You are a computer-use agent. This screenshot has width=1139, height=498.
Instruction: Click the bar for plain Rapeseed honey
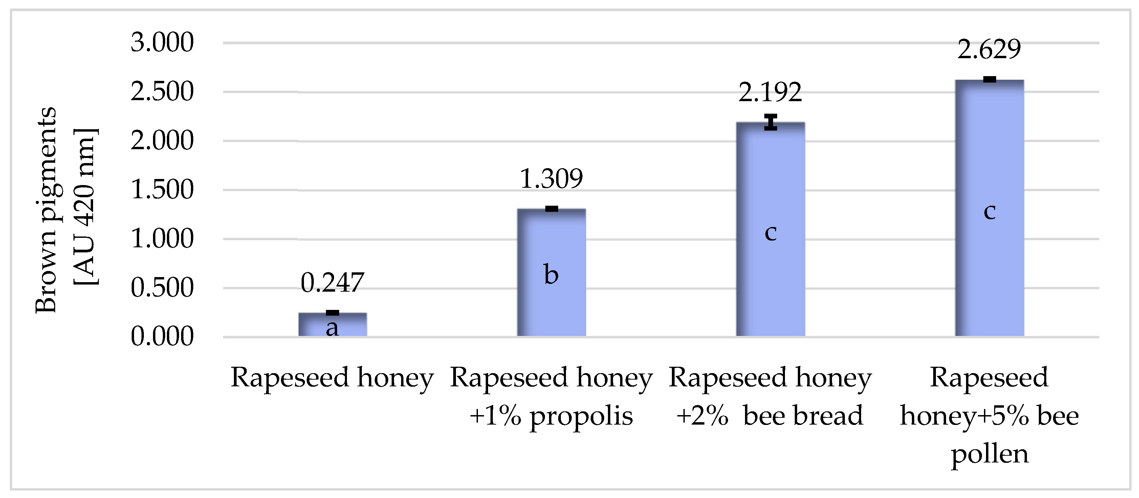point(332,325)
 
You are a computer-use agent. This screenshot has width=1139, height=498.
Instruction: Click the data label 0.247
point(332,282)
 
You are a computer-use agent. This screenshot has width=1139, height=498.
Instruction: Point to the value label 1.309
point(551,179)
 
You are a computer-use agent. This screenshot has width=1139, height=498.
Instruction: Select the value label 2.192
point(770,92)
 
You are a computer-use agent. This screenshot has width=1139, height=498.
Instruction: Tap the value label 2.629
point(989,49)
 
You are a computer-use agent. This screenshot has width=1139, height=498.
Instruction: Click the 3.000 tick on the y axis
point(162,43)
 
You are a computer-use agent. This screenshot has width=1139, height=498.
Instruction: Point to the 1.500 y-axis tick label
point(162,190)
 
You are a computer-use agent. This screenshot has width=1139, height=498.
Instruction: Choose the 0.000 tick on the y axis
point(162,337)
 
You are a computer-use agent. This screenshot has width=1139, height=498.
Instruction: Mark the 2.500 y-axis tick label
point(162,92)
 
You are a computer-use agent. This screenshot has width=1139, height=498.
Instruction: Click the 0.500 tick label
point(162,288)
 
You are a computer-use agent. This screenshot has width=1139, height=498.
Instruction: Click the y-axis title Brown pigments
point(46,210)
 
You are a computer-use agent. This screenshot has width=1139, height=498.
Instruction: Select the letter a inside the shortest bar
point(332,328)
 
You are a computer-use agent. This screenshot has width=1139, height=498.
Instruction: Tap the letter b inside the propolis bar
point(551,274)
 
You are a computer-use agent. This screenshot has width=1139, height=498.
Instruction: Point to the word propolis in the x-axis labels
point(581,416)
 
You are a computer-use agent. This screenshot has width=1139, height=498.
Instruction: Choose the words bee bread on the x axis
point(803,416)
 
